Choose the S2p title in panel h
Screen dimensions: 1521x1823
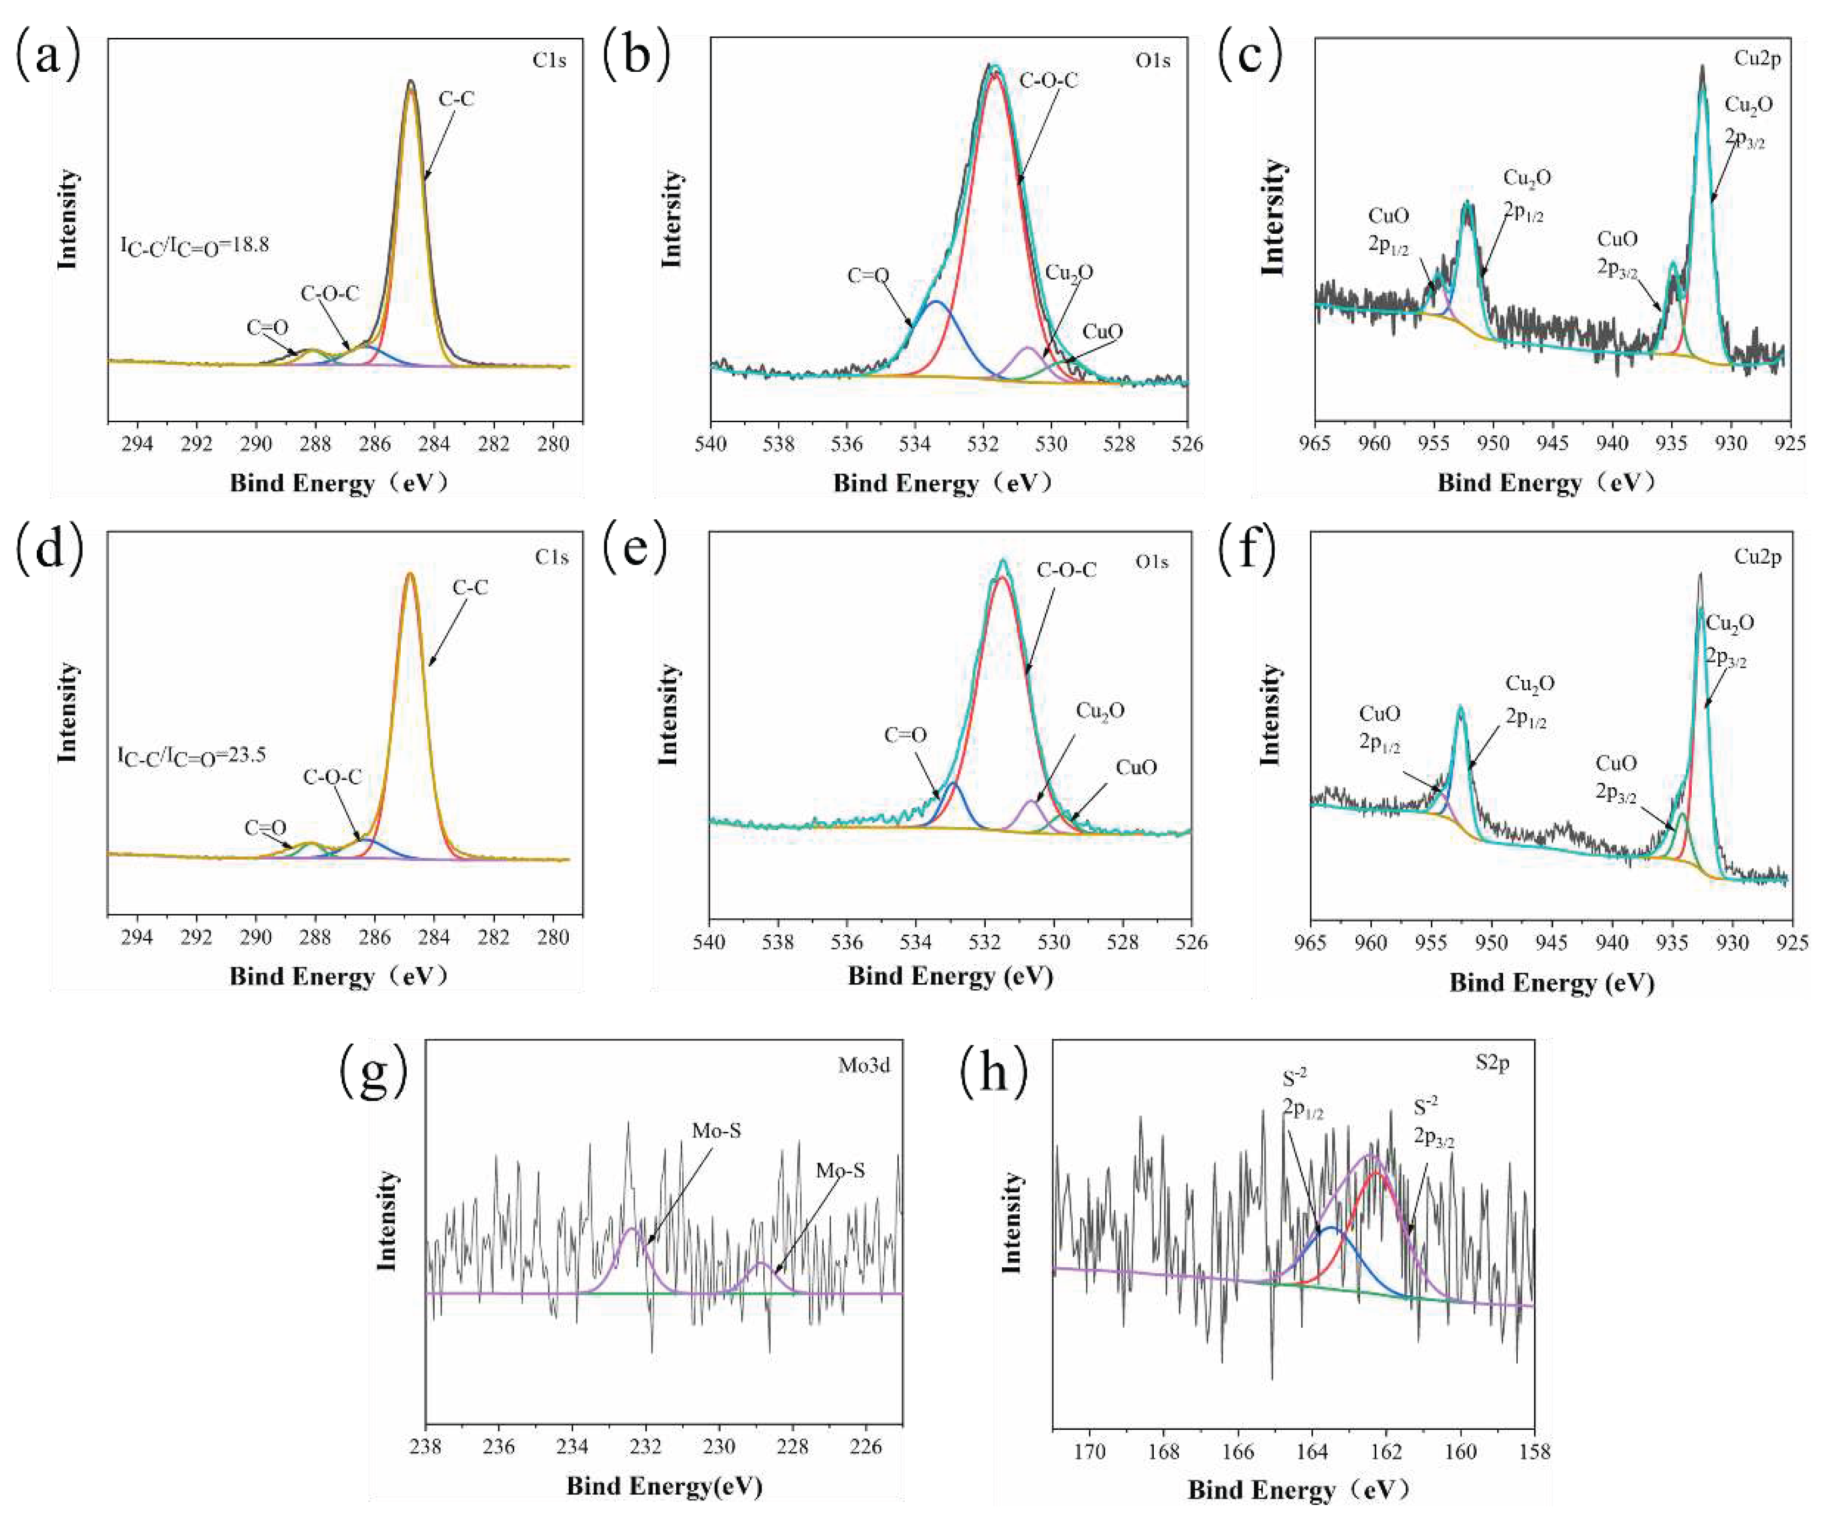click(1492, 1063)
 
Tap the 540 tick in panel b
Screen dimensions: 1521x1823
click(711, 445)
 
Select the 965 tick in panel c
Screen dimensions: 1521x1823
click(1315, 445)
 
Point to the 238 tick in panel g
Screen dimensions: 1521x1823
click(426, 1446)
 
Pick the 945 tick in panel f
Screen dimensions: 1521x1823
click(1552, 942)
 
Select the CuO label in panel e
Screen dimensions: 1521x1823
click(1136, 768)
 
